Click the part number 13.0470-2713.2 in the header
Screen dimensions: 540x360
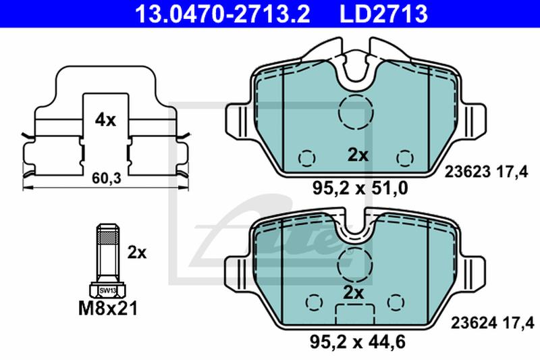pos(223,14)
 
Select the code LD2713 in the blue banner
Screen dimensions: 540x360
pos(383,14)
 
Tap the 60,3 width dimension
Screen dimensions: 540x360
pos(107,178)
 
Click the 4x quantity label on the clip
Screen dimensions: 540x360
pos(105,120)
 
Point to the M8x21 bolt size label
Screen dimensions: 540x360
pos(108,308)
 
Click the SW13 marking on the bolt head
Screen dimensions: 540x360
pos(107,290)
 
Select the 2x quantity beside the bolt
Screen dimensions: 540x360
pos(137,253)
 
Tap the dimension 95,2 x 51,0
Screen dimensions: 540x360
pos(360,188)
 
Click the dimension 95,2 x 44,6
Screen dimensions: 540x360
pos(358,342)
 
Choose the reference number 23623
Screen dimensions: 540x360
pos(467,172)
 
